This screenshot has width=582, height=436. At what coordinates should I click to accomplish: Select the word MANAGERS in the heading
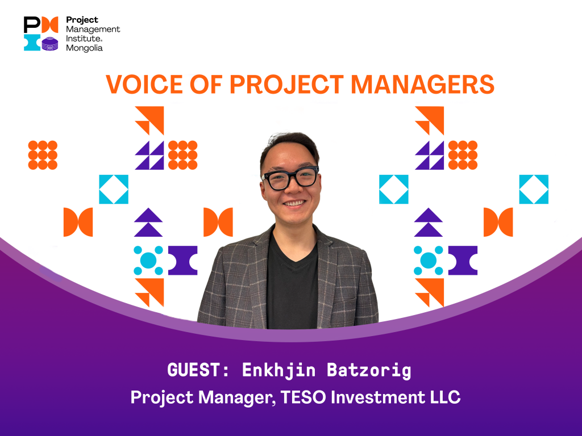422,84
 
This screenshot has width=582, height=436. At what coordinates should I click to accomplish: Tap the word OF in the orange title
206,84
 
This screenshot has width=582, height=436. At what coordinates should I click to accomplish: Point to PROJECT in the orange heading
286,84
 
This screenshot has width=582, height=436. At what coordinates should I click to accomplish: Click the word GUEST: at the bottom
198,370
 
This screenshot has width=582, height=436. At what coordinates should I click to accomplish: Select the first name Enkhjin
278,371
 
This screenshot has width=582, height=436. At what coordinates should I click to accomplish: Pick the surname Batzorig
369,371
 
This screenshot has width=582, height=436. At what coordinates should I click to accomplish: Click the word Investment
378,397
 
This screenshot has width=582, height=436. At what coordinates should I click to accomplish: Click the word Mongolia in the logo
84,48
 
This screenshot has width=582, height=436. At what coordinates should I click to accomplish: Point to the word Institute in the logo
83,38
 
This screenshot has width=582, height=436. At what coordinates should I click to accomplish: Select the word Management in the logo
93,30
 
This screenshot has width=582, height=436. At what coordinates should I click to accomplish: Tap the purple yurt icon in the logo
50,44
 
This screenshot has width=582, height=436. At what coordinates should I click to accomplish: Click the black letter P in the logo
32,24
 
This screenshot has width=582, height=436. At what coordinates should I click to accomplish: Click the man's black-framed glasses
290,178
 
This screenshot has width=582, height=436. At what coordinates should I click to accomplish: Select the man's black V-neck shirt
293,286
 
